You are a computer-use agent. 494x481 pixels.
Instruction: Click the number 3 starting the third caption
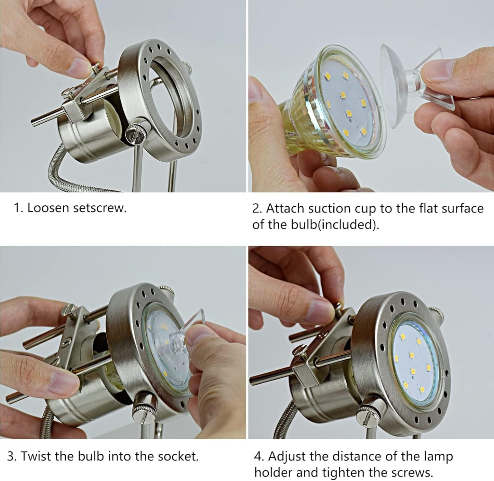(11, 456)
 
